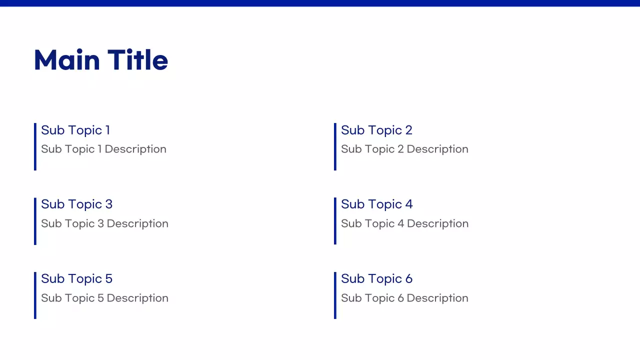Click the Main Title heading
pos(101,60)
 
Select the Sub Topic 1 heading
pos(75,130)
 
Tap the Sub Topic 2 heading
pos(376,130)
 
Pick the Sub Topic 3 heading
pos(76,204)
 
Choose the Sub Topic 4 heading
pos(376,204)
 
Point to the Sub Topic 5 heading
pos(76,278)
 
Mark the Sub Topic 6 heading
pos(376,278)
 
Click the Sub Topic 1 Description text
pos(103,149)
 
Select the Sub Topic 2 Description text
pos(404,149)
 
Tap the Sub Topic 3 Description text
pos(104,223)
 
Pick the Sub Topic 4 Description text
pos(404,223)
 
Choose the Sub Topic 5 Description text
pos(104,298)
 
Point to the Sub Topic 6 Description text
pos(404,298)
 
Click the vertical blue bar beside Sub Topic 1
pos(35,146)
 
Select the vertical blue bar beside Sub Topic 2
pos(335,146)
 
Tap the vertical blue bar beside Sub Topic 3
pos(35,221)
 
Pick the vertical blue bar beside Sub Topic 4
pos(335,221)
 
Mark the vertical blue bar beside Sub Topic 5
pos(35,295)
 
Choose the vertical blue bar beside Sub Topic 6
pos(335,295)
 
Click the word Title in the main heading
pos(137,60)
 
